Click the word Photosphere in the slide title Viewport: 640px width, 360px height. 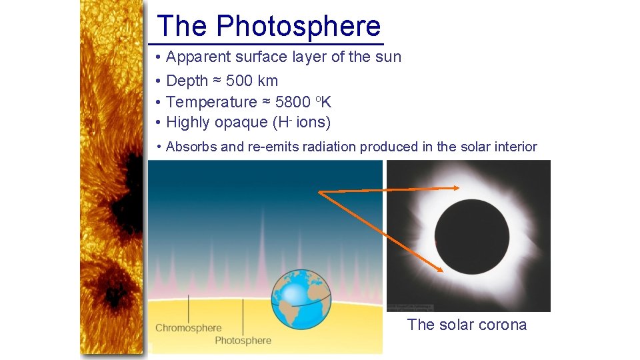pyautogui.click(x=298, y=27)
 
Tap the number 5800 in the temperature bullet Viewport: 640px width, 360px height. pyautogui.click(x=292, y=102)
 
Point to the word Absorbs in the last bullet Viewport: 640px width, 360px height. pyautogui.click(x=191, y=147)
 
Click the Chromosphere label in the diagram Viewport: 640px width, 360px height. pyautogui.click(x=188, y=327)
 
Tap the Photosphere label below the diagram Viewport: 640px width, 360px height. pyautogui.click(x=243, y=341)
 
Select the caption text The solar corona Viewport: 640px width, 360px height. pyautogui.click(x=467, y=325)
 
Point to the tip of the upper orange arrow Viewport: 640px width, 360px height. pyautogui.click(x=459, y=188)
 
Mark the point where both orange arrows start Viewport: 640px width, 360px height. pyautogui.click(x=319, y=192)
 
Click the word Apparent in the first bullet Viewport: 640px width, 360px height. pyautogui.click(x=195, y=57)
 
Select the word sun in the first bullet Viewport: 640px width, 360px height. pyautogui.click(x=388, y=57)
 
